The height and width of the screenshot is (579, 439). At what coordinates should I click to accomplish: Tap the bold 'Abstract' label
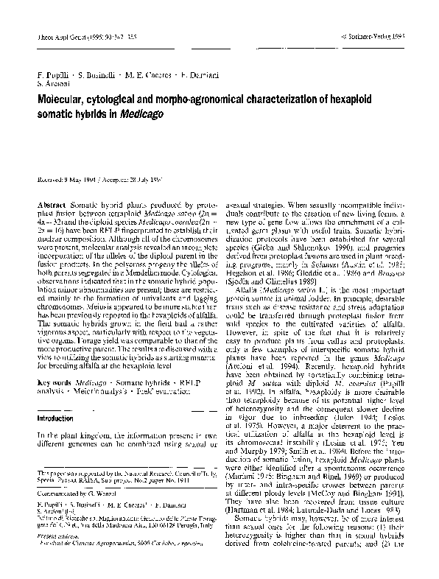click(x=49, y=200)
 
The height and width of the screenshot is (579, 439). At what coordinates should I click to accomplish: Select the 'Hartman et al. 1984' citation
click(x=274, y=491)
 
